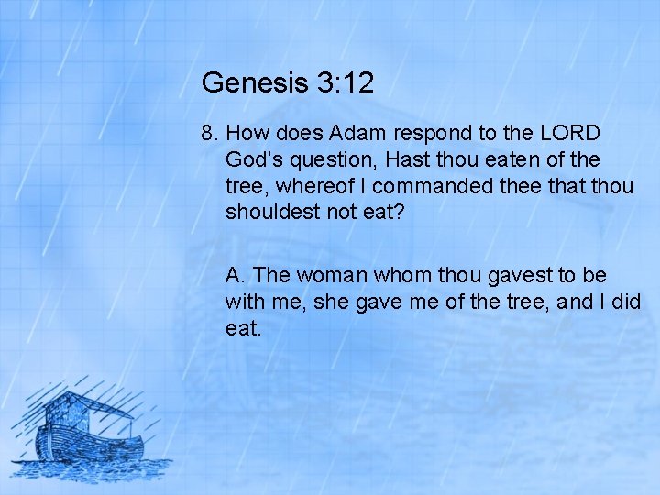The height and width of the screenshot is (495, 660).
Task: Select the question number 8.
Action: coord(207,133)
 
